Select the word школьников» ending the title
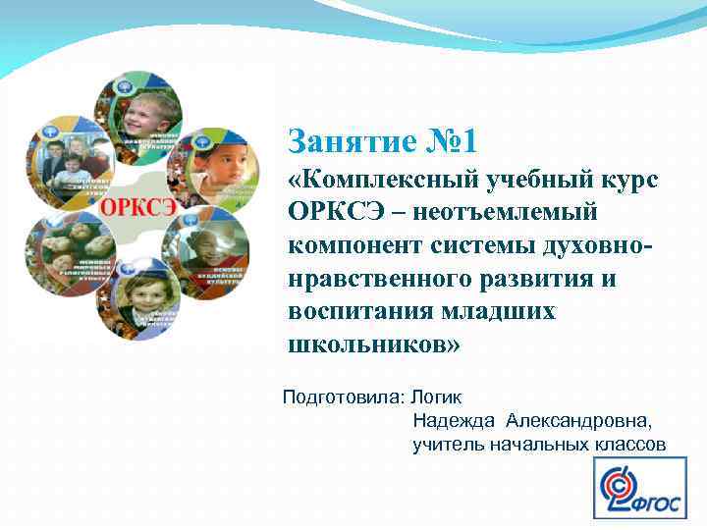click(372, 344)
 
